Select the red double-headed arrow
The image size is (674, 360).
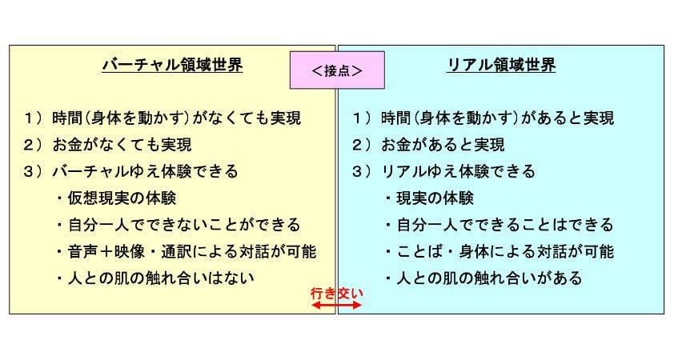(x=337, y=306)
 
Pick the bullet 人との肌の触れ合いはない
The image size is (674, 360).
(x=155, y=278)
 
